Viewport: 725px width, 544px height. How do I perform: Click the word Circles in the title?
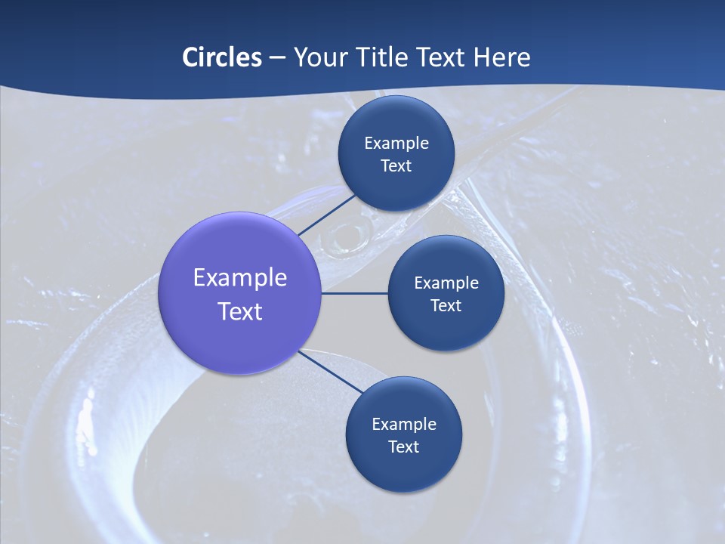point(221,57)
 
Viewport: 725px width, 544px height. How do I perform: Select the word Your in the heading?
point(319,57)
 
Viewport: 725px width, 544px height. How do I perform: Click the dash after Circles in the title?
point(277,58)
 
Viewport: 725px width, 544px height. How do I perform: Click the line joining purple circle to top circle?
point(326,215)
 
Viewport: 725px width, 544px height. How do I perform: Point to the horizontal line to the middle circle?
point(354,293)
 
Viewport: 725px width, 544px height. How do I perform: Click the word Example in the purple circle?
point(240,278)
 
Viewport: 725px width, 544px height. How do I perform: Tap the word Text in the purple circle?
point(240,311)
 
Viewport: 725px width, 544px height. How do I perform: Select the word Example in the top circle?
point(396,144)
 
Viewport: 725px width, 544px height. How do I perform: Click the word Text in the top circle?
point(396,166)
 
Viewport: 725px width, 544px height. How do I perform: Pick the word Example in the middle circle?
point(446,283)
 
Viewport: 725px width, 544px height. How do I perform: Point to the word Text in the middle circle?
point(446,306)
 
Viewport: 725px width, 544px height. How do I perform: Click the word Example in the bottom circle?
point(404,425)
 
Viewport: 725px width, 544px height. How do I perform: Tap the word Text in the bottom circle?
point(404,447)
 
